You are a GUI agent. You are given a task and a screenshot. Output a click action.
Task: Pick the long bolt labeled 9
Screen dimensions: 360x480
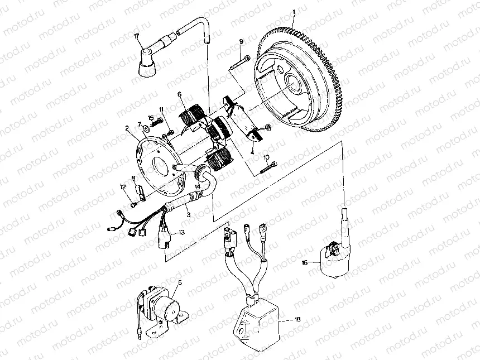(239, 63)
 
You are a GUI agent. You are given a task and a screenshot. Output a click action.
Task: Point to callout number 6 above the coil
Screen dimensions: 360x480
(180, 95)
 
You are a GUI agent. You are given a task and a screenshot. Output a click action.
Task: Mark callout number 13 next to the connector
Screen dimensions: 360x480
(180, 233)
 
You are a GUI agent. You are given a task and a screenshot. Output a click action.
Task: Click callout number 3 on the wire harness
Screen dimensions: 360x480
(188, 214)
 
